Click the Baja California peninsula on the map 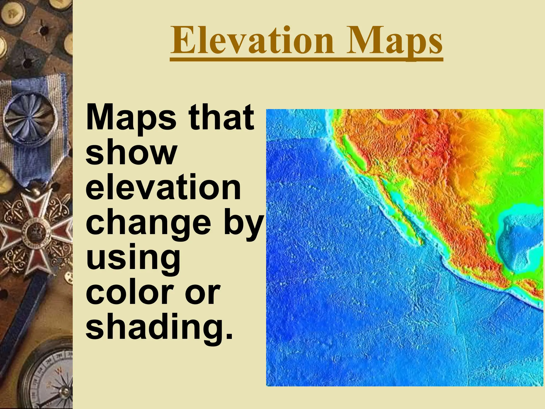tap(399, 213)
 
